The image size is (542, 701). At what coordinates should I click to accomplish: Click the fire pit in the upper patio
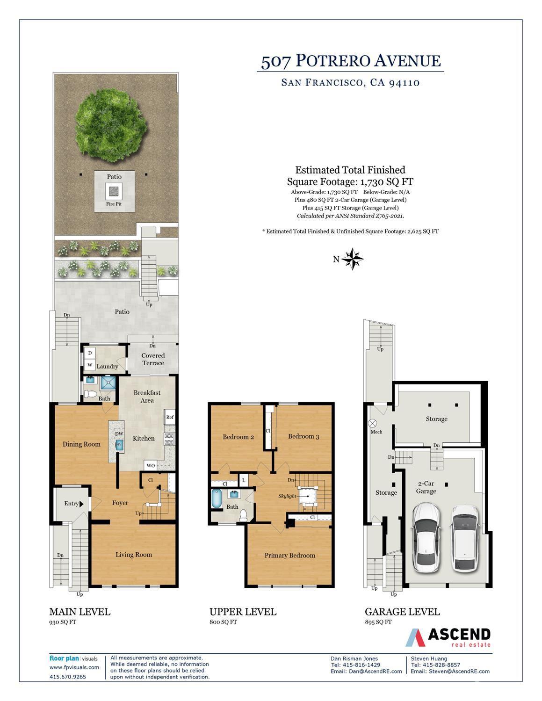tap(114, 191)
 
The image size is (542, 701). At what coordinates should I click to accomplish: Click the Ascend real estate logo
tap(448, 637)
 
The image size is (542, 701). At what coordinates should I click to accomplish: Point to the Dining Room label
tap(81, 444)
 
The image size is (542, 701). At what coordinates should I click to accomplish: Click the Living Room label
tap(134, 555)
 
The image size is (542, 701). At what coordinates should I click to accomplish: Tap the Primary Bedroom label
tap(289, 556)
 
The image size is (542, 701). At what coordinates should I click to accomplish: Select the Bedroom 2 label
tap(238, 437)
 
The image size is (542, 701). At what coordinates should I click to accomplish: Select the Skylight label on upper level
tap(287, 496)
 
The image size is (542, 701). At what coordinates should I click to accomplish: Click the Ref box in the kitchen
tap(170, 417)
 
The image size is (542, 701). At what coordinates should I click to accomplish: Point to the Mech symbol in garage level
tap(373, 423)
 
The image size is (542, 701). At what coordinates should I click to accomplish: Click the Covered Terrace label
tap(153, 359)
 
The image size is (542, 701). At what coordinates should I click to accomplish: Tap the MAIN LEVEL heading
tap(80, 612)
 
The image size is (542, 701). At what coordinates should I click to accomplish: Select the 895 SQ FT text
tap(378, 622)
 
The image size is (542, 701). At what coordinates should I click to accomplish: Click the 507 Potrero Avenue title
tap(350, 61)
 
